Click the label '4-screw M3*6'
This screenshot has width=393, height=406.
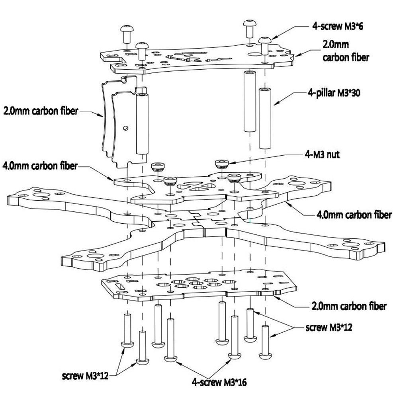[337, 26]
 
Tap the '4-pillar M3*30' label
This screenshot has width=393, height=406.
[334, 92]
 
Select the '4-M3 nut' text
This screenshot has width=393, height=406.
[322, 154]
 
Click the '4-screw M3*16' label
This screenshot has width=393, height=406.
[219, 382]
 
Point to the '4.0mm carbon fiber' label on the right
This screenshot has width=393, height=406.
[354, 215]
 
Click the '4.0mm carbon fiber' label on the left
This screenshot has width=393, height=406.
[40, 166]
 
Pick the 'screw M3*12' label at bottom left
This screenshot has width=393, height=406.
[85, 376]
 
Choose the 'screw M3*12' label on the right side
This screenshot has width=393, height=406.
[329, 327]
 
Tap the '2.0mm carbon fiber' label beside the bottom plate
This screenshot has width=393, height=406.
[349, 306]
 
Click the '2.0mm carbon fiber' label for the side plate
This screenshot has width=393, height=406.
[41, 111]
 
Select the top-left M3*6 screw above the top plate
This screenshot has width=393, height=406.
[127, 34]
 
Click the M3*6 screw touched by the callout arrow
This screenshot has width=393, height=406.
[265, 45]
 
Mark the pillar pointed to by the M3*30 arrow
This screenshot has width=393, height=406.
[265, 118]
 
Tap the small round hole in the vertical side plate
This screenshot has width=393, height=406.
[126, 128]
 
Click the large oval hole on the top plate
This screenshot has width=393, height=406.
[255, 55]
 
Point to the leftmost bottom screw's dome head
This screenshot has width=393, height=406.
[127, 345]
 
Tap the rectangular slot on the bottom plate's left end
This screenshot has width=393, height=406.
[119, 287]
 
